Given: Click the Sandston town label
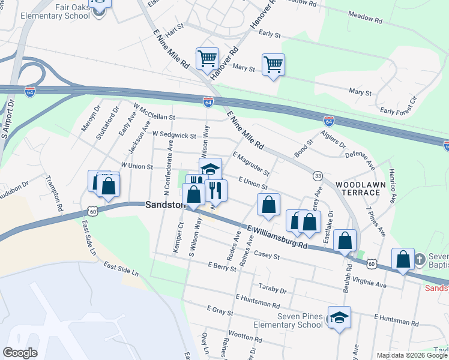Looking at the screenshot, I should (164, 205).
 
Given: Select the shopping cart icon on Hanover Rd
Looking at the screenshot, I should (207, 59).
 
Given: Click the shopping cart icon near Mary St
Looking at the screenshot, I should (273, 64).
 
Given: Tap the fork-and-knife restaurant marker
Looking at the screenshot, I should (216, 190).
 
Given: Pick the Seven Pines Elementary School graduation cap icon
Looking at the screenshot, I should (339, 317).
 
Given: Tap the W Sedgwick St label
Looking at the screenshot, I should (174, 136).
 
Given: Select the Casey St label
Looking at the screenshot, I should (268, 256).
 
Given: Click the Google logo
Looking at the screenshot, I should (20, 353).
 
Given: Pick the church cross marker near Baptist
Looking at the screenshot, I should (419, 260).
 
